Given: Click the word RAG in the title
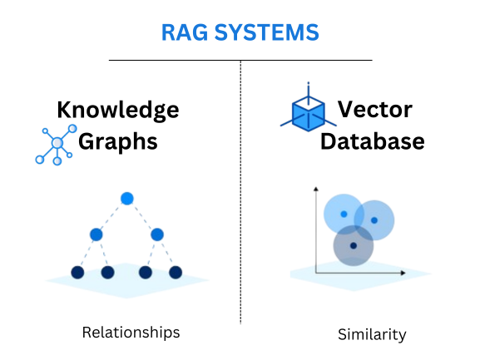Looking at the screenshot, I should pos(184,33).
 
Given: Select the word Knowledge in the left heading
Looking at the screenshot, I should pos(117,110).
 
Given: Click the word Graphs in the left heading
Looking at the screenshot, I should pos(117,141).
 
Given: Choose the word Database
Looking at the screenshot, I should pos(372,141).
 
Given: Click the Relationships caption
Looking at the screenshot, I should pos(131,333).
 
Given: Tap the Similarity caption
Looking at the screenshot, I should pos(372,335).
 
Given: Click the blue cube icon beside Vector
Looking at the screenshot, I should pos(308,111).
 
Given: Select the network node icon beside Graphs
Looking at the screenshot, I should pos(57,144).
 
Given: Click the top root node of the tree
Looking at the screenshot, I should pos(126,198).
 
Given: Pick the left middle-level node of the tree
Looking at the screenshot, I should pos(96,234).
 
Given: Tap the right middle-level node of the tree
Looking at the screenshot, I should pos(157,234).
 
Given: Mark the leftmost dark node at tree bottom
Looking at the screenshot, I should pos(77,272).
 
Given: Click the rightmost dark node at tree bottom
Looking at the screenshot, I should pos(176,272).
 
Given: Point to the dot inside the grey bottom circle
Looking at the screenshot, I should pos(354,245).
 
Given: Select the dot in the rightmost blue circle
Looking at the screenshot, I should pos(374,220).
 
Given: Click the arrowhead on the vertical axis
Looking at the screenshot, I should pos(316,190).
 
